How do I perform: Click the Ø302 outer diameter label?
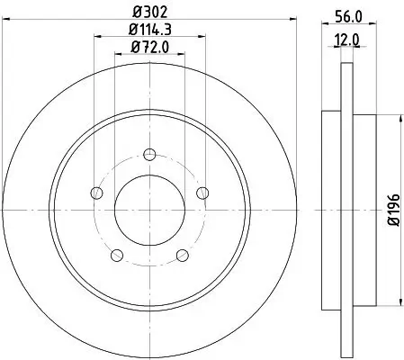click(x=149, y=12)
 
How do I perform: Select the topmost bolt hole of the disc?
click(x=149, y=151)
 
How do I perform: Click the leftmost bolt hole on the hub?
click(x=95, y=191)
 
